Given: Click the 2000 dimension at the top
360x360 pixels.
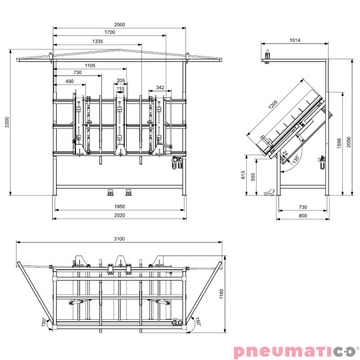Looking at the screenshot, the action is (x=119, y=25).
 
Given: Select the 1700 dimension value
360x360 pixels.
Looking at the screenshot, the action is (x=109, y=32).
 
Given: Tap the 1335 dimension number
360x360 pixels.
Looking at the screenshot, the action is (x=97, y=41).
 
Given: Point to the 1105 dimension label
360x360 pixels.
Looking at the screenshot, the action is (x=90, y=65).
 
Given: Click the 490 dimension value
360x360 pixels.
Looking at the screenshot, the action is (x=69, y=81).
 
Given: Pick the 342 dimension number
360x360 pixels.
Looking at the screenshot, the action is (x=160, y=87).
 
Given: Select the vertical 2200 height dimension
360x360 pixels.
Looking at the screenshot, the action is (x=7, y=122).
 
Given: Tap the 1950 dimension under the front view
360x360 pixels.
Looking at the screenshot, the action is (x=119, y=207).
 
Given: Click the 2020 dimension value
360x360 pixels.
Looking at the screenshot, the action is (x=119, y=215).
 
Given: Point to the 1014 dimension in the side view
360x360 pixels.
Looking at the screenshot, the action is (x=295, y=40).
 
